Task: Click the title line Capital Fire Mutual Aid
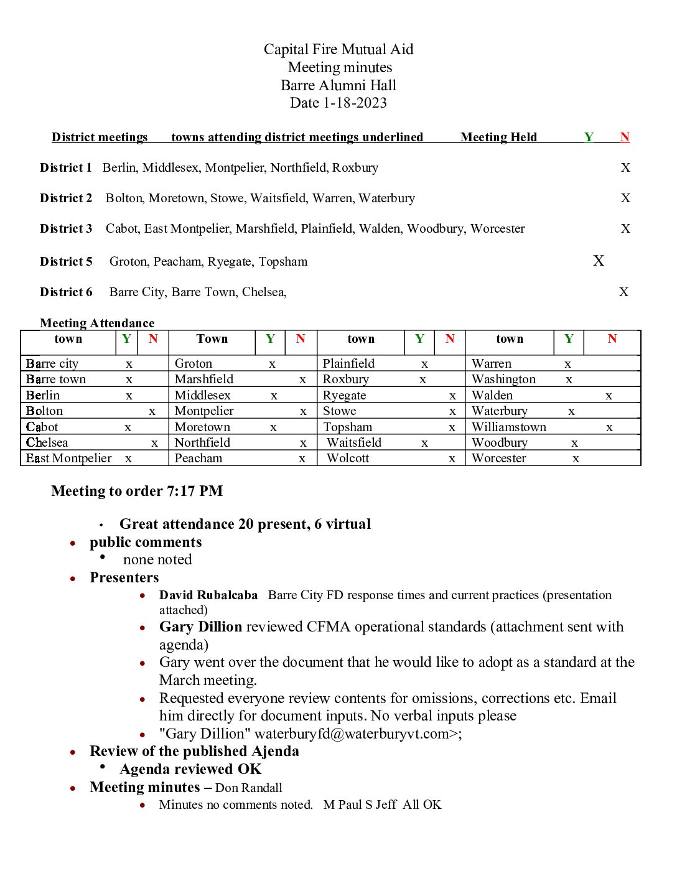pos(338,49)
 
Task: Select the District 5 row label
pos(66,261)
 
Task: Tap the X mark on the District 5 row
pos(599,261)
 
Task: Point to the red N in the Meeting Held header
pos(625,137)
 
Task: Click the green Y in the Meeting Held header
pos(589,137)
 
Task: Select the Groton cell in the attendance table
pos(194,363)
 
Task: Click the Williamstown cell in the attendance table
pos(509,427)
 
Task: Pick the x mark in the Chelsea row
pos(154,443)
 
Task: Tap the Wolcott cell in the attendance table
pos(348,459)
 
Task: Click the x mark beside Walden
pos(609,396)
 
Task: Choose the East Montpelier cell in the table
pos(69,459)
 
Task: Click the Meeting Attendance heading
pos(97,323)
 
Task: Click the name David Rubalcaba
pos(208,595)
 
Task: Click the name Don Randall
pos(249,788)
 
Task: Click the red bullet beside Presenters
pos(73,579)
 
